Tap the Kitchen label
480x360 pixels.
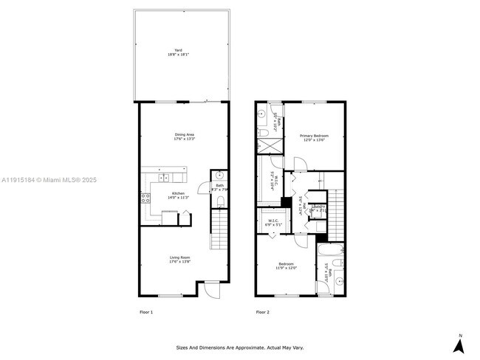pyautogui.click(x=168, y=195)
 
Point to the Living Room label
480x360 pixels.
pyautogui.click(x=180, y=259)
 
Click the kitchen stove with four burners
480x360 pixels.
pyautogui.click(x=145, y=197)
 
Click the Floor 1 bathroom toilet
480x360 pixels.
pyautogui.click(x=220, y=201)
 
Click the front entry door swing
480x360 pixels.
pyautogui.click(x=212, y=290)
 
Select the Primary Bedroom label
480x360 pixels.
pyautogui.click(x=314, y=138)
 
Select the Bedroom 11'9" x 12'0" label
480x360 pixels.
pyautogui.click(x=286, y=266)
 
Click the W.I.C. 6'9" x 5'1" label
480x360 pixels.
pyautogui.click(x=273, y=222)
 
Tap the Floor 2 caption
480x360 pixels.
pyautogui.click(x=263, y=313)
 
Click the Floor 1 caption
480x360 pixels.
pyautogui.click(x=146, y=313)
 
